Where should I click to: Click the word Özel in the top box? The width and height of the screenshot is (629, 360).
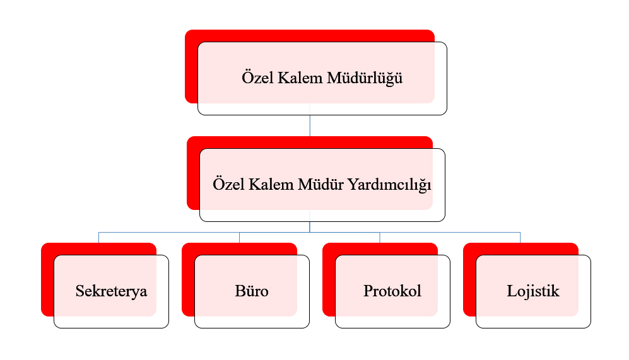[257, 78]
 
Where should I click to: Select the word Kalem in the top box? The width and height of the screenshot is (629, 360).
[300, 78]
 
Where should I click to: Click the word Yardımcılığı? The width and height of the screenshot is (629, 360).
[389, 185]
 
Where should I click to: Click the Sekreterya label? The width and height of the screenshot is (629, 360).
[111, 291]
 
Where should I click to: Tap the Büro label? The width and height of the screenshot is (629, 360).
[252, 291]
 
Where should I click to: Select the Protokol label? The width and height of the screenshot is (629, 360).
[392, 291]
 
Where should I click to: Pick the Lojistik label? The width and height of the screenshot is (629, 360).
[533, 291]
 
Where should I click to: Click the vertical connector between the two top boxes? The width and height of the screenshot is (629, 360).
[310, 125]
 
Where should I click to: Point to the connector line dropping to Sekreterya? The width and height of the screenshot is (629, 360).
[98, 237]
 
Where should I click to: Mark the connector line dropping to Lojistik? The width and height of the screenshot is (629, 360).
[520, 237]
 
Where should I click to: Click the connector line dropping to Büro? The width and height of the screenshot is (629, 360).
[240, 237]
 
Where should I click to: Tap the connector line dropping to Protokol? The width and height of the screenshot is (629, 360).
[380, 237]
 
